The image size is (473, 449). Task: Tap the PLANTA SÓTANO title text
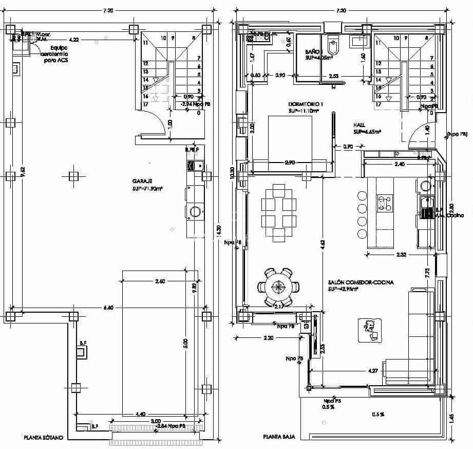click(43, 438)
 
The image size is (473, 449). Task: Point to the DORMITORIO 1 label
click(306, 103)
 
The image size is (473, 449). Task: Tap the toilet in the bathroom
click(333, 47)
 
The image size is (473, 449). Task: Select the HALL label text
click(359, 125)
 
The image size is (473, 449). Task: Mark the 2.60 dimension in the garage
click(160, 281)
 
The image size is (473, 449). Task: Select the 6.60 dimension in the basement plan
click(108, 308)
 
